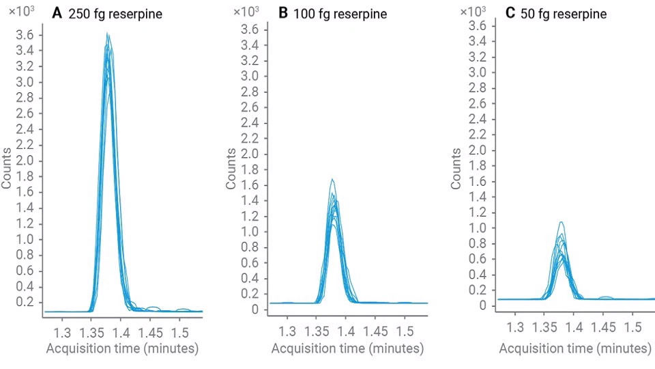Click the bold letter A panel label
pos(57,13)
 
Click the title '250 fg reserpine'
pos(115,13)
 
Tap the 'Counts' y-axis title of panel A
pos(7,168)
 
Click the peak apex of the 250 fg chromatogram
pos(107,33)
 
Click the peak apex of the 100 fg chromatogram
pos(332,180)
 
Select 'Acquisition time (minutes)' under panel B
pos(347,348)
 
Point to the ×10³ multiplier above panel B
pos(244,12)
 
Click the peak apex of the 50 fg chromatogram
pos(561,222)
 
